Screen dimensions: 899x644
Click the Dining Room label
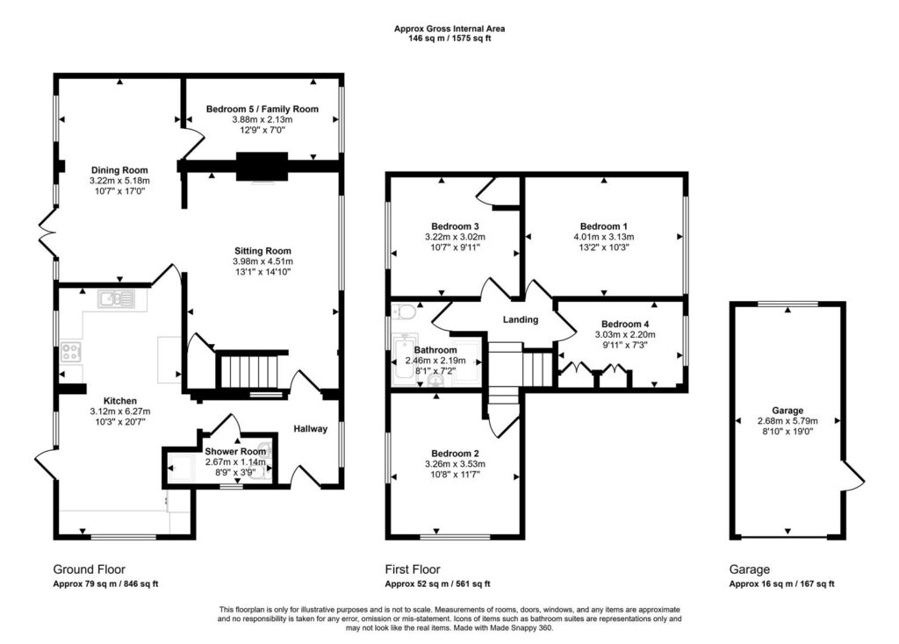tap(119, 170)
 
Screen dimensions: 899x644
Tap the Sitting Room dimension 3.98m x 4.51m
tap(263, 261)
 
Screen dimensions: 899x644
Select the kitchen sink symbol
tap(116, 299)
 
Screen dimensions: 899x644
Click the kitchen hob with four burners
tap(70, 352)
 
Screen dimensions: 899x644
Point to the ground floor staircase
tap(250, 371)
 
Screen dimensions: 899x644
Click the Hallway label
tap(310, 428)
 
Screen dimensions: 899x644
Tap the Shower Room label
tap(235, 452)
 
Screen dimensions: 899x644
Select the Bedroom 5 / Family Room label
tap(262, 109)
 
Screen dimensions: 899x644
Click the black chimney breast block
tap(262, 167)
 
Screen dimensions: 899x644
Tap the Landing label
tap(521, 319)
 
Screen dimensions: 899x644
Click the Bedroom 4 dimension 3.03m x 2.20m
tap(625, 334)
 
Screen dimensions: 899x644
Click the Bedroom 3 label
tap(456, 226)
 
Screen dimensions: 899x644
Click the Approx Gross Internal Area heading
tap(449, 29)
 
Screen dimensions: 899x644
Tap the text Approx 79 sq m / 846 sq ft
tap(105, 584)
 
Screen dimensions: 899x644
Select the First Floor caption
tap(413, 569)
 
